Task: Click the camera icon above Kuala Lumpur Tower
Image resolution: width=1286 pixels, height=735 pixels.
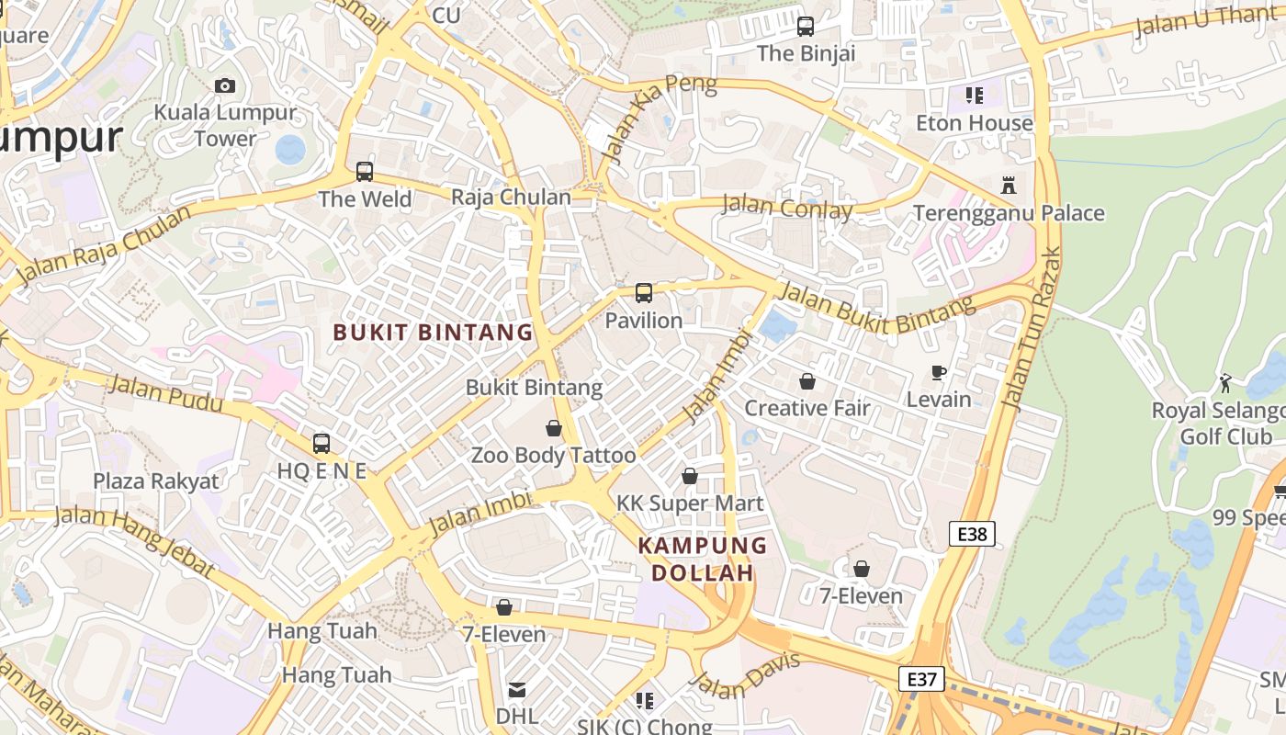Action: tap(225, 86)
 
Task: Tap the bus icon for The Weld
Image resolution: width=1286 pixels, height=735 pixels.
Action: tap(365, 172)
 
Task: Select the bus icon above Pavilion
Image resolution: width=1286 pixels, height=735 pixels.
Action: tap(644, 293)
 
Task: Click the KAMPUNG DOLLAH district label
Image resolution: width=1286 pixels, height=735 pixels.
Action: tap(703, 559)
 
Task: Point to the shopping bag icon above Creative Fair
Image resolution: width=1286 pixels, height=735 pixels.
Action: tap(807, 381)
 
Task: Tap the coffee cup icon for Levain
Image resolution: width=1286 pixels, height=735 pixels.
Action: tap(938, 372)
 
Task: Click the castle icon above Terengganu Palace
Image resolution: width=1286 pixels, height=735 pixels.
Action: tap(1009, 186)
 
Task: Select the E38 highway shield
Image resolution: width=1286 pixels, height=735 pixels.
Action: tap(972, 533)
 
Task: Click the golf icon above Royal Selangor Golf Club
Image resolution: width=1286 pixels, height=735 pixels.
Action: tap(1225, 382)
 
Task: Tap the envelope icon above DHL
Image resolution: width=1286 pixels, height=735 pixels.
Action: tap(517, 689)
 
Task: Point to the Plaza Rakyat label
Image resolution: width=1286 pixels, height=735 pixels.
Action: tap(156, 481)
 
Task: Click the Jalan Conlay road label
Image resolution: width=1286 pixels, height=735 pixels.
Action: tap(787, 207)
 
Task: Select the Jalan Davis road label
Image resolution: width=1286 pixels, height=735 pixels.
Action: tap(745, 674)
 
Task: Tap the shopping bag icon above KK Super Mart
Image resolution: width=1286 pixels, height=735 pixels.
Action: tap(690, 476)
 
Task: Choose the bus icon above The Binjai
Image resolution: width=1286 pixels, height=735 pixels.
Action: tap(806, 27)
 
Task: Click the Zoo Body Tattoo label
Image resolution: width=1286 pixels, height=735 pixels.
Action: tap(553, 456)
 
